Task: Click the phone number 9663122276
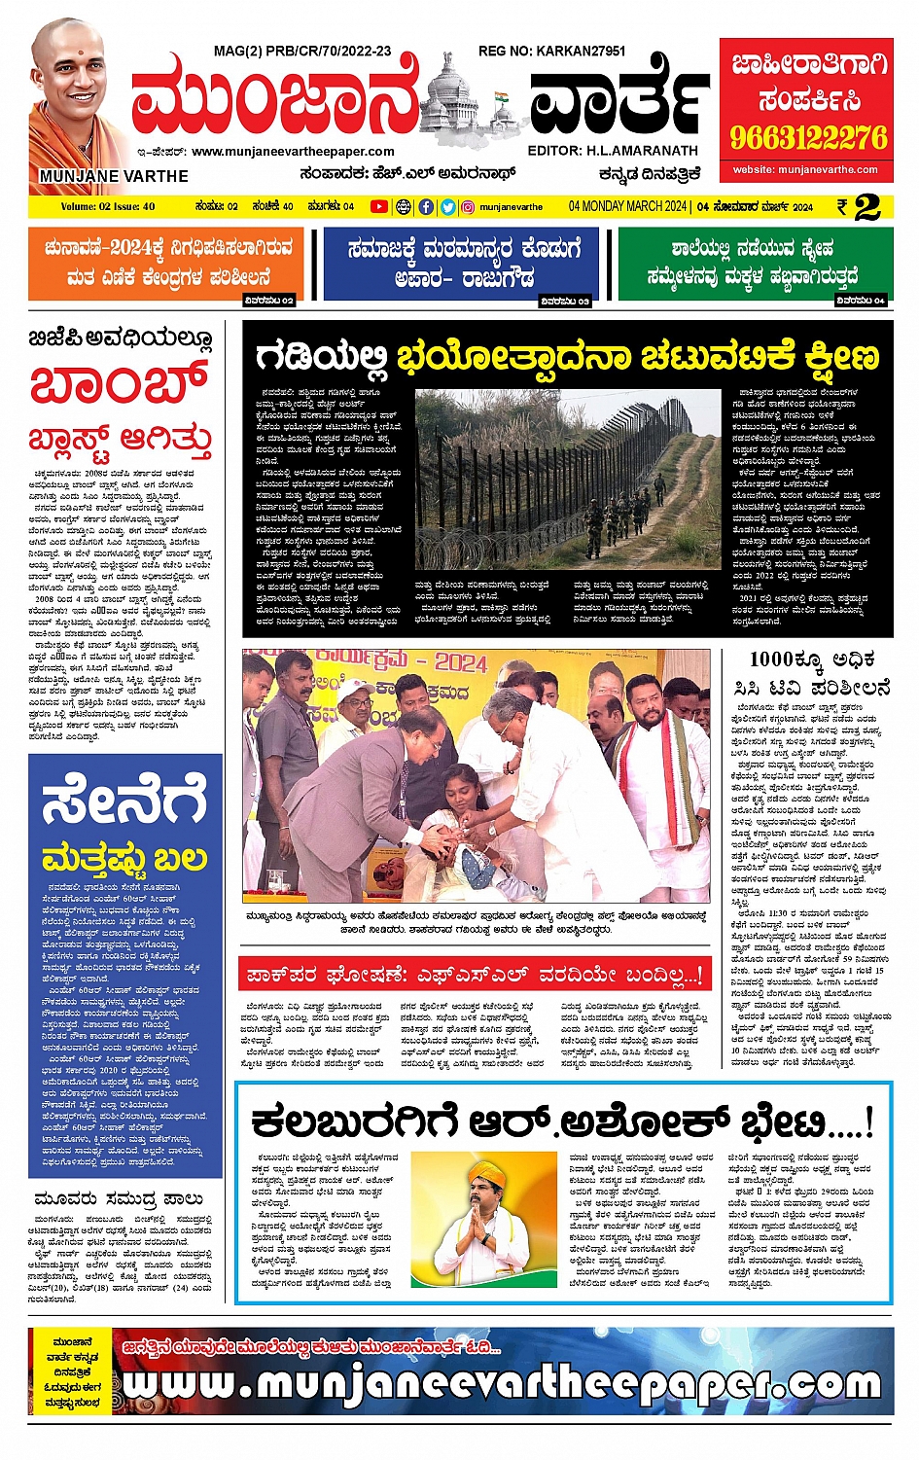808,137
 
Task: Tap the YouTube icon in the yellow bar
378,206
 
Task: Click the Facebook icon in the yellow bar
426,206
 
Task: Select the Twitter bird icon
447,206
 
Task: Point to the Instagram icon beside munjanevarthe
468,206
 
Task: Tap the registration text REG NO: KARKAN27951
551,51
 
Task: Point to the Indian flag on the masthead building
502,99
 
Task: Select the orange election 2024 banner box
165,263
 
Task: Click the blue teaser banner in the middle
465,263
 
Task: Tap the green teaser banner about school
755,263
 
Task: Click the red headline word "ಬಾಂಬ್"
119,384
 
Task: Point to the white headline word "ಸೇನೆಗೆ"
124,800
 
